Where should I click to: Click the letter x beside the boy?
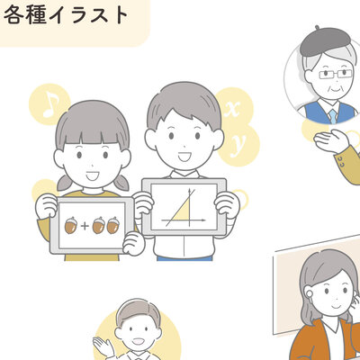[x=233, y=110]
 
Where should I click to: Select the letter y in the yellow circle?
[x=239, y=143]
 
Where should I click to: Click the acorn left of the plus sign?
[x=71, y=225]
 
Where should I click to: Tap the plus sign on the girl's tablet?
[x=85, y=226]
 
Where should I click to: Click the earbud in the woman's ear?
[x=310, y=294]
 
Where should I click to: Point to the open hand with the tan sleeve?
[x=332, y=140]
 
